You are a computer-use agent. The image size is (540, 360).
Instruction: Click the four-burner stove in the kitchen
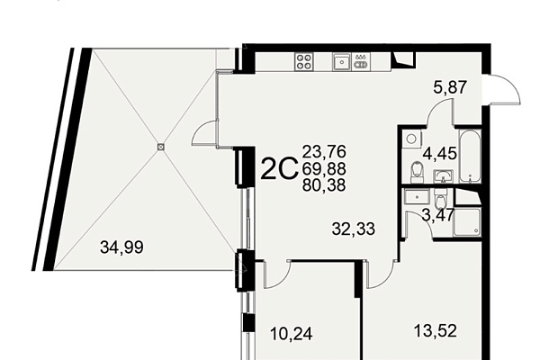[304, 62]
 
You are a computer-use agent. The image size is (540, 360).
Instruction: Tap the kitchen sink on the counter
[342, 62]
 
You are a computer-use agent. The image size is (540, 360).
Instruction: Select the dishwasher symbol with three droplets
[361, 62]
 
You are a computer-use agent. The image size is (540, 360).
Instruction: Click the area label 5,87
[450, 87]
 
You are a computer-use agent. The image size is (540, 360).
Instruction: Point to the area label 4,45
[440, 153]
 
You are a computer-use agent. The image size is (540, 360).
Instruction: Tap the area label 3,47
[438, 215]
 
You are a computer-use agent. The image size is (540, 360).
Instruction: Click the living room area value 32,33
[354, 229]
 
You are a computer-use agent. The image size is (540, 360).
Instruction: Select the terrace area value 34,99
[121, 247]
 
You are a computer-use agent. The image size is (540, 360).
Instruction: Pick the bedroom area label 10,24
[292, 334]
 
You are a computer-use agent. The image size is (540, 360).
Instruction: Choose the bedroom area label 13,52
[436, 330]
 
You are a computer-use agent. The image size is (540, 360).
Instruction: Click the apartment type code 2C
[279, 168]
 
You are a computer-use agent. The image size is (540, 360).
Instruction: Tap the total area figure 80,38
[324, 185]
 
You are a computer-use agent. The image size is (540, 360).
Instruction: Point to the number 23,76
[324, 151]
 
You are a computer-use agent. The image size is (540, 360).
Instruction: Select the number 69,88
[324, 169]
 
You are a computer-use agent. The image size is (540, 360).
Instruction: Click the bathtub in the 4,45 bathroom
[470, 156]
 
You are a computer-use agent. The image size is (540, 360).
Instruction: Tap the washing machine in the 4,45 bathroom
[412, 139]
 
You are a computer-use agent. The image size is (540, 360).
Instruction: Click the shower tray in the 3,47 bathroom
[467, 222]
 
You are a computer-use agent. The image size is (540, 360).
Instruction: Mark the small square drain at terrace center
[160, 147]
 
